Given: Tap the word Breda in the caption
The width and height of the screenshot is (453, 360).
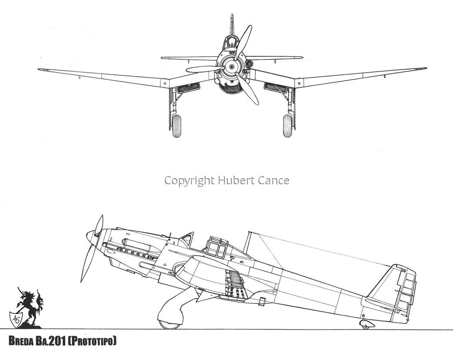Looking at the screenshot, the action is pos(21,341).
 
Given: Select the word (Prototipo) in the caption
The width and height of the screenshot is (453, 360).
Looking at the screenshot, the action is pos(92,341).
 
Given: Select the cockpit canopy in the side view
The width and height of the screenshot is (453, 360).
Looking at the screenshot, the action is pos(217,247).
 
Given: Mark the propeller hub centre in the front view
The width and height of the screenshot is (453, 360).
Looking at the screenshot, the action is pos(231,67).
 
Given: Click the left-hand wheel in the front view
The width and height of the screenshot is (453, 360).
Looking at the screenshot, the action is pos(177,126).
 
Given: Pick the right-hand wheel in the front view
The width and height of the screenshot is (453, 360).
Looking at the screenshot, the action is pos(288,126).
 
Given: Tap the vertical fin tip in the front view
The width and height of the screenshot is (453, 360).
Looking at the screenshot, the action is pos(231,15).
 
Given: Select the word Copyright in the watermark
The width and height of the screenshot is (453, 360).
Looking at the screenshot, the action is pos(189,181).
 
